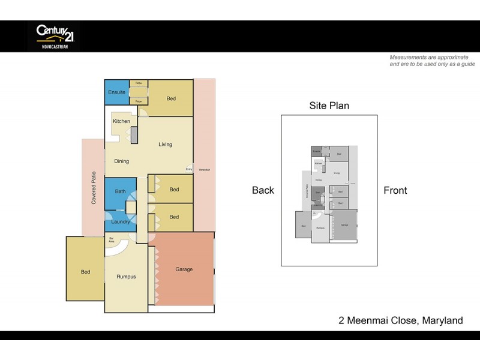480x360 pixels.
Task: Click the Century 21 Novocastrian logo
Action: tap(54, 36)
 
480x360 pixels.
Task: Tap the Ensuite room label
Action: tap(116, 92)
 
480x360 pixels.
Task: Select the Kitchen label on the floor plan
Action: tap(121, 122)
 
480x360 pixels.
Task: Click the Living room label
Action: tap(166, 145)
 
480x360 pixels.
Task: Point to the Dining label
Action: tap(122, 161)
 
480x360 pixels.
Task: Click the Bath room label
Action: tap(121, 191)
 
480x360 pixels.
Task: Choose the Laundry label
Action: tap(121, 222)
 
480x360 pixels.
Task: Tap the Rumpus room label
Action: tap(126, 277)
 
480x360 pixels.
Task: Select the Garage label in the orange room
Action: tap(184, 269)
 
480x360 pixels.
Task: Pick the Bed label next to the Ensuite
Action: tap(171, 98)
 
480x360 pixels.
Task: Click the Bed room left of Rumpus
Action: tap(85, 272)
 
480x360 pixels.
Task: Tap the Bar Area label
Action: tap(112, 240)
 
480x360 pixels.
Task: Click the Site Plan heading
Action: tap(329, 106)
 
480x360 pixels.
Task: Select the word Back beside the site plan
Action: tap(263, 191)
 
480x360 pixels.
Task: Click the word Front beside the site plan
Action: tap(395, 191)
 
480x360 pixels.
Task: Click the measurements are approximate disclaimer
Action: tap(432, 60)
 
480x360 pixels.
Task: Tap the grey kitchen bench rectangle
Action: tap(135, 135)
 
